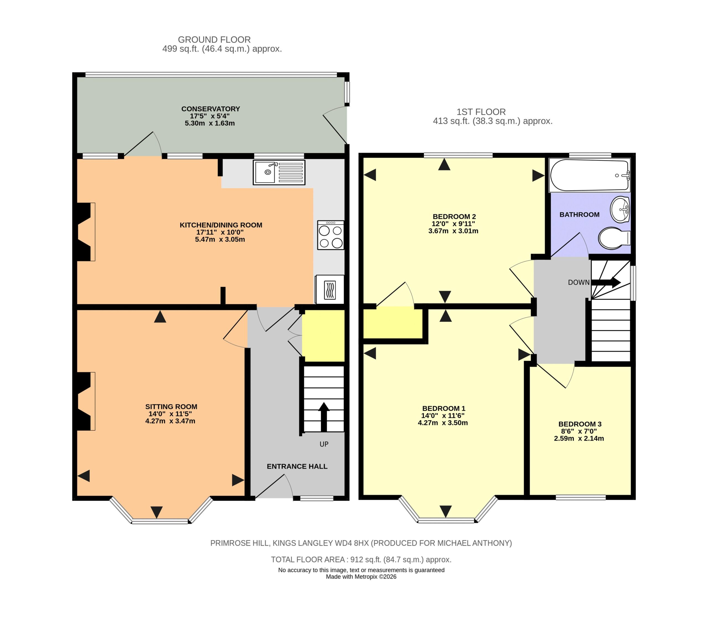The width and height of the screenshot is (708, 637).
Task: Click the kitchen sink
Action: pos(279,172)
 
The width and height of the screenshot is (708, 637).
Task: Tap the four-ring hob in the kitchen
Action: pos(330,235)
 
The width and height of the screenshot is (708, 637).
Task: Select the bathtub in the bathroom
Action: pos(589,175)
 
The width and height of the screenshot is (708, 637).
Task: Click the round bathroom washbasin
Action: pos(620,209)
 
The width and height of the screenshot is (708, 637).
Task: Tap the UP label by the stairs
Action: pos(324,444)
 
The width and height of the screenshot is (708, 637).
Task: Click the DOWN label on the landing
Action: pos(579,282)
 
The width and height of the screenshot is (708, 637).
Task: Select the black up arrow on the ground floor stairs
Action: pos(324,417)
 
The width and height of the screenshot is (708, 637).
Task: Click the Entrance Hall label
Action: pos(297,466)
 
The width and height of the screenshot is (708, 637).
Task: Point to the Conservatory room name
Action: pos(210,109)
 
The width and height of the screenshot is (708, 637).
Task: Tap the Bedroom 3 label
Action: pos(580,424)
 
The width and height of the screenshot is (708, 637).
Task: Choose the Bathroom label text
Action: pos(579,215)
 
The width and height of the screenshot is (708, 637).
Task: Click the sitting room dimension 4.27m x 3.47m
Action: pos(170,421)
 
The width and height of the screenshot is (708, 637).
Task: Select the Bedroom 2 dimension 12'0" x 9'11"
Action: pos(453,224)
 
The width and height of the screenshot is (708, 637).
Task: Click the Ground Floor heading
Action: pos(214,40)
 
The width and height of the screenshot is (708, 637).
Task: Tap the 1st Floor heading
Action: pos(481,112)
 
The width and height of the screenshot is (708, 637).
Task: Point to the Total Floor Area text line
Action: pos(361,560)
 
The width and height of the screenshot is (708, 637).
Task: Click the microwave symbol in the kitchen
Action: pos(329,289)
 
